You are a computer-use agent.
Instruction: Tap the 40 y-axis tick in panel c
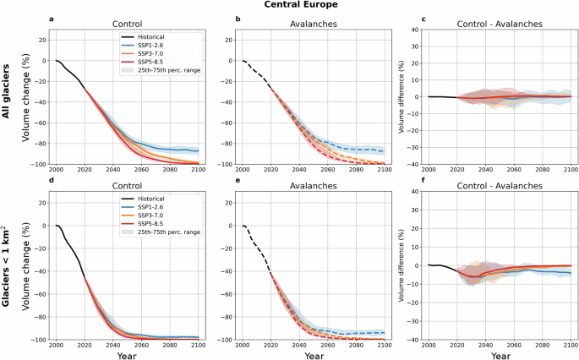pos(416,30)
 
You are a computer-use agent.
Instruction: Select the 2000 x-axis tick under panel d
pos(57,346)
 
